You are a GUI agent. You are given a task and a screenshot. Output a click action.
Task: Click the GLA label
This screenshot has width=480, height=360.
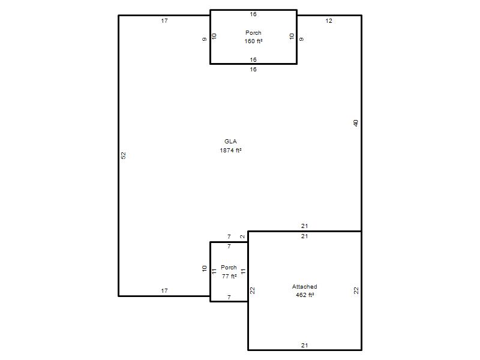[x=230, y=142]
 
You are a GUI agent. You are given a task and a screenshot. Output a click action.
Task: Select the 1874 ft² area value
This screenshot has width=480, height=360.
[x=230, y=151]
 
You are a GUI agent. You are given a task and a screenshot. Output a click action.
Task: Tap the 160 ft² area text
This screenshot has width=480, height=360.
[x=253, y=41]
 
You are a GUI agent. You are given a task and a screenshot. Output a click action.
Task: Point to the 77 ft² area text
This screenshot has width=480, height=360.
[x=229, y=276]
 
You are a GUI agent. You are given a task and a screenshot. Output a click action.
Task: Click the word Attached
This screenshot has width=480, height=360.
[x=305, y=287]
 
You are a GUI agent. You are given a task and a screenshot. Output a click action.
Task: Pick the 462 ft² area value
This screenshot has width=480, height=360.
[x=305, y=295]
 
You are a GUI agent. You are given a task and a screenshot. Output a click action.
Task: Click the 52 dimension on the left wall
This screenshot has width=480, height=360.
[x=124, y=155]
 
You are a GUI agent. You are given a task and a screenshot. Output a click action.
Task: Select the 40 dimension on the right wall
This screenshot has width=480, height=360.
[x=355, y=123]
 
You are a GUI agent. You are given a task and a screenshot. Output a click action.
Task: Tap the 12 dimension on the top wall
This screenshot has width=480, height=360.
[x=329, y=21]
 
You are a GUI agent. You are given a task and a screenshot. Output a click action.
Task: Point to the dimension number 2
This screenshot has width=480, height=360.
[x=242, y=236]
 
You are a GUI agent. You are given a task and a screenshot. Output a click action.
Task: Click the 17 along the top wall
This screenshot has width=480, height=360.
[x=164, y=21]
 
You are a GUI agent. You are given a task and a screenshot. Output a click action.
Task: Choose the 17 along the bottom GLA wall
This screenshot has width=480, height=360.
[x=164, y=290]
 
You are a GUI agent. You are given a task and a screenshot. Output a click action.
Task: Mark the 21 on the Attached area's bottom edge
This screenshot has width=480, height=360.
[x=304, y=346]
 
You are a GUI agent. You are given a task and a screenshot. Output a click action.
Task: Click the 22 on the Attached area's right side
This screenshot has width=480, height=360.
[x=356, y=290]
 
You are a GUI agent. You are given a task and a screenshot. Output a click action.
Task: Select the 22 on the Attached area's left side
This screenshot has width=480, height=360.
[x=252, y=290]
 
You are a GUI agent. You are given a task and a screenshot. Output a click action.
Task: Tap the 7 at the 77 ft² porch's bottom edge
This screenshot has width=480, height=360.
[x=229, y=297]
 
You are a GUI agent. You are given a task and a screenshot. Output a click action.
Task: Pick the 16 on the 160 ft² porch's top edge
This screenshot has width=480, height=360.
[x=253, y=14]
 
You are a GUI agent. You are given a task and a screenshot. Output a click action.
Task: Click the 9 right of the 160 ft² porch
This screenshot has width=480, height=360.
[x=302, y=39]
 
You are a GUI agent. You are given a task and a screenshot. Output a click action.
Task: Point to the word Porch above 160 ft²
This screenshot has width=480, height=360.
[x=253, y=33]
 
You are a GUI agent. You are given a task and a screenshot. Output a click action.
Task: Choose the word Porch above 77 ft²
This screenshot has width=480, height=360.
[x=229, y=267]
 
